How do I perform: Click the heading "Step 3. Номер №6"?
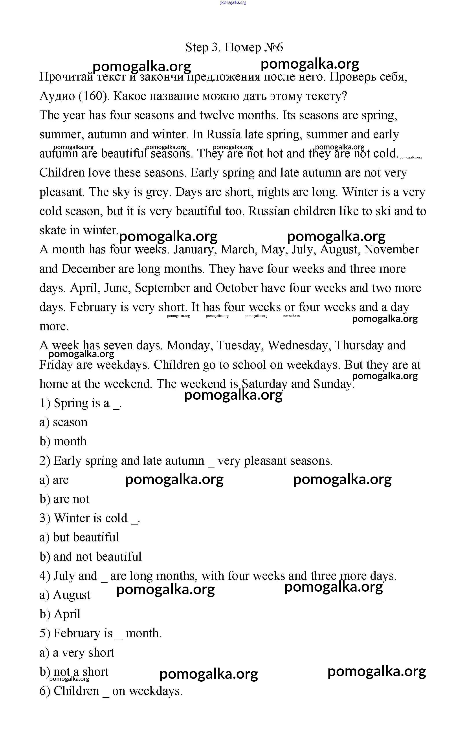234,47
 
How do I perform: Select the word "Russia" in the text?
224,134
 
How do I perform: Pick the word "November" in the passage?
391,250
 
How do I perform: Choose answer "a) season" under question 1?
64,422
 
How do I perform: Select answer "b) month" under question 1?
63,442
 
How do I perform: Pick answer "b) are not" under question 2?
64,499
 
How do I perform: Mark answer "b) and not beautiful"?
91,557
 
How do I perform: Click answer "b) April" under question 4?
60,614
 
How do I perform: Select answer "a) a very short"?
77,653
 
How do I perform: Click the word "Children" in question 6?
76,691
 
